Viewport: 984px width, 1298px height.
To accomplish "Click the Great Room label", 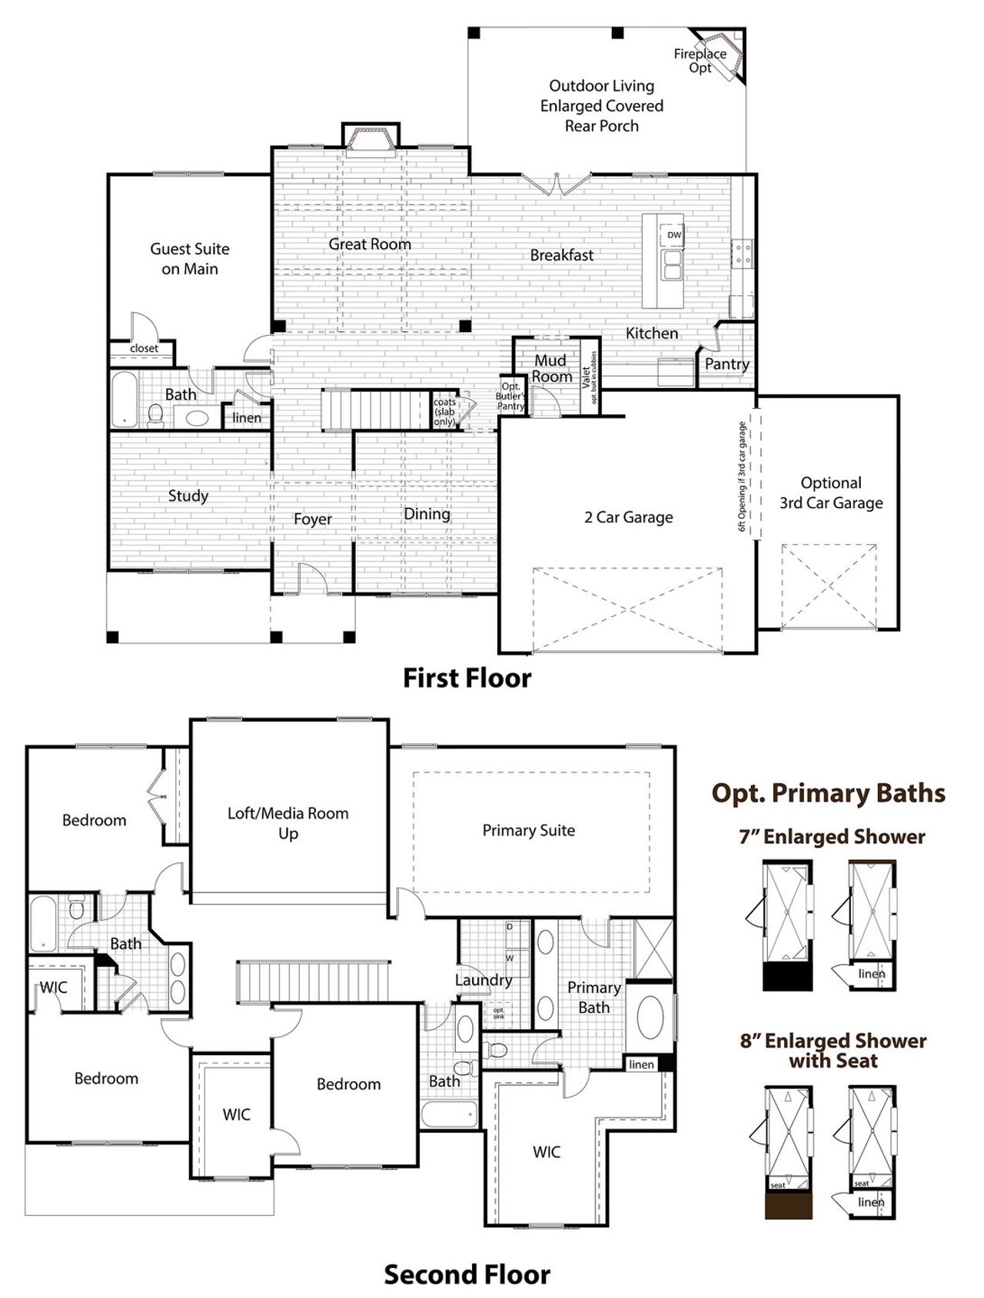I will (x=370, y=244).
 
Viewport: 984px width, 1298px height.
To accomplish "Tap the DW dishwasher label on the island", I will (x=673, y=235).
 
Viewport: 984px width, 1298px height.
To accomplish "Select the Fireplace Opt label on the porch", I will (x=700, y=61).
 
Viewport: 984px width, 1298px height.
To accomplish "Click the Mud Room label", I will (x=551, y=368).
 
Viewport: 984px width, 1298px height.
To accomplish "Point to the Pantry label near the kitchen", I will (x=726, y=364).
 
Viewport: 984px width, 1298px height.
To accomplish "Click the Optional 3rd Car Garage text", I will (x=831, y=493).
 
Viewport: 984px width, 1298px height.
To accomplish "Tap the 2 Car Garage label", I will (x=628, y=517).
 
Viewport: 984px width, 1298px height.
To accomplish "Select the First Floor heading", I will (x=467, y=678).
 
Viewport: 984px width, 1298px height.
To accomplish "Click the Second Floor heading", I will (x=467, y=1274).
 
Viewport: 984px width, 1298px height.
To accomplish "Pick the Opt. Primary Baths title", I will (x=828, y=792).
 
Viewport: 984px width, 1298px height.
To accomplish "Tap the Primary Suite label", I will (x=528, y=830).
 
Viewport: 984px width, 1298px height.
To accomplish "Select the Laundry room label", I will (x=483, y=980).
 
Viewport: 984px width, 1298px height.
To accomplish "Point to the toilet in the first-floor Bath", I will (x=156, y=415).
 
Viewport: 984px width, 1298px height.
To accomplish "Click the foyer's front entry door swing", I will (x=312, y=578).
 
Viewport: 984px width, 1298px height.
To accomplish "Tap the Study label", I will (x=188, y=496).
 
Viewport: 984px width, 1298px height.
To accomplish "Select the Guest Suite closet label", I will (x=144, y=348).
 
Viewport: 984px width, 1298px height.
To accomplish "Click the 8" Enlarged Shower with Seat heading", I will (x=833, y=1051).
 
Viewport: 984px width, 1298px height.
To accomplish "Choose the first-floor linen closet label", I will (x=247, y=417).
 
